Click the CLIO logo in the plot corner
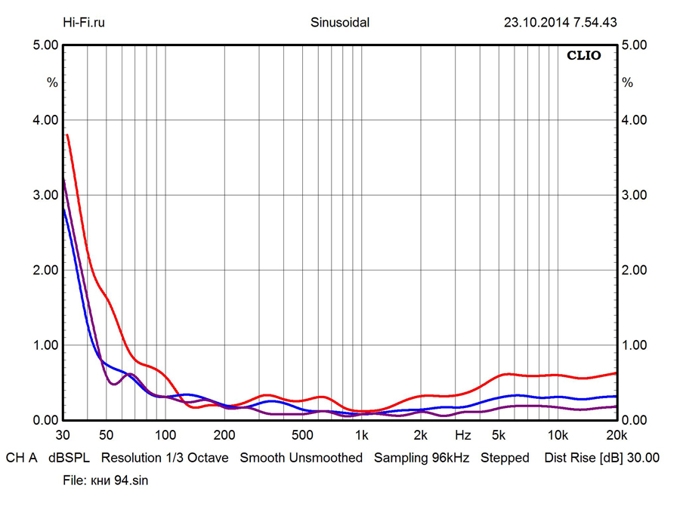click(x=584, y=56)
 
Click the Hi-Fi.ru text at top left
click(x=84, y=22)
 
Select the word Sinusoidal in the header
click(x=340, y=22)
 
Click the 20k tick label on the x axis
click(x=617, y=435)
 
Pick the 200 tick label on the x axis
click(x=224, y=435)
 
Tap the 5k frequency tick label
click(x=499, y=435)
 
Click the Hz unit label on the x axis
click(x=463, y=435)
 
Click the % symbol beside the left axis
click(x=52, y=82)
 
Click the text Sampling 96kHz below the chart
click(x=422, y=458)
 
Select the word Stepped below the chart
click(x=505, y=458)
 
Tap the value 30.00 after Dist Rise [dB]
click(x=644, y=458)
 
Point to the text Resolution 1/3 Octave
click(x=165, y=458)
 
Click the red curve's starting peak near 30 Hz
click(x=67, y=136)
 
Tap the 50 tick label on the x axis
click(x=106, y=435)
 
